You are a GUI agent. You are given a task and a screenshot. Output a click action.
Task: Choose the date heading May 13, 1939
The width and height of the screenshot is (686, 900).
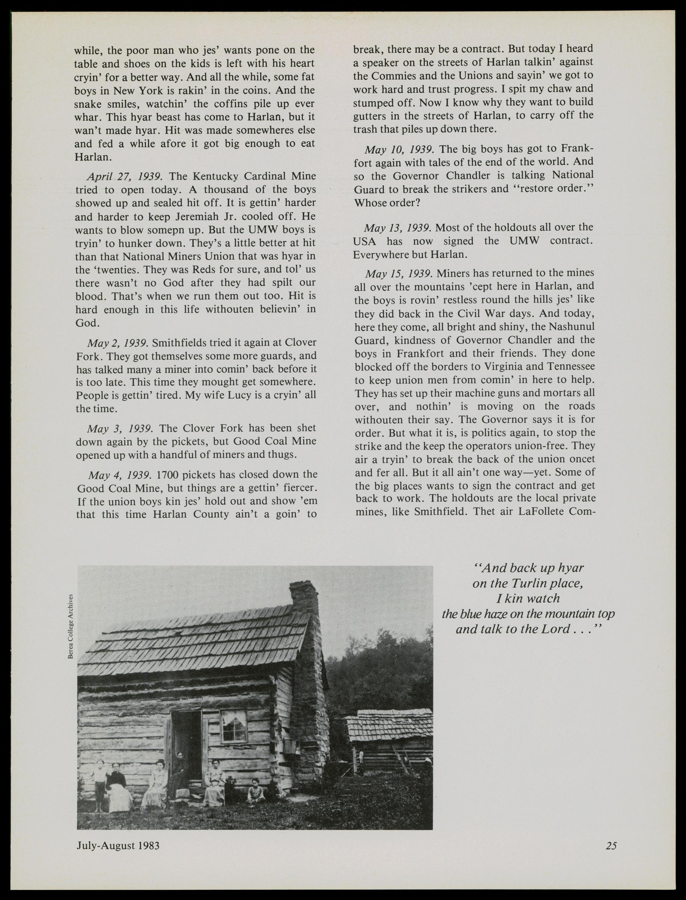tap(397, 228)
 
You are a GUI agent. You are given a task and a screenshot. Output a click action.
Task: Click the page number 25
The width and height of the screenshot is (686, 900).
tap(611, 846)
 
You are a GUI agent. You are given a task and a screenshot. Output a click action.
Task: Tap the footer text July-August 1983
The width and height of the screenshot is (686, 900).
tap(118, 845)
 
